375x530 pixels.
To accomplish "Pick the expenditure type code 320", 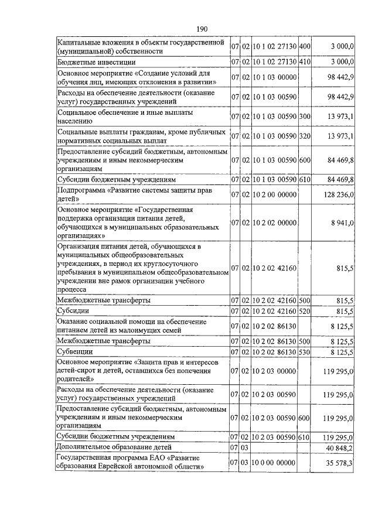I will point(305,136).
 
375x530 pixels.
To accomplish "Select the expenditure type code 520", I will point(305,310).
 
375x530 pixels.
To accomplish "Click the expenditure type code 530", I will point(305,351).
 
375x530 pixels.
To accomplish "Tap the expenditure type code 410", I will point(305,61).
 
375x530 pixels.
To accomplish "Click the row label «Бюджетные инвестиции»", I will point(97,61).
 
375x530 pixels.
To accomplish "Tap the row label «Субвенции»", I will point(76,351).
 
